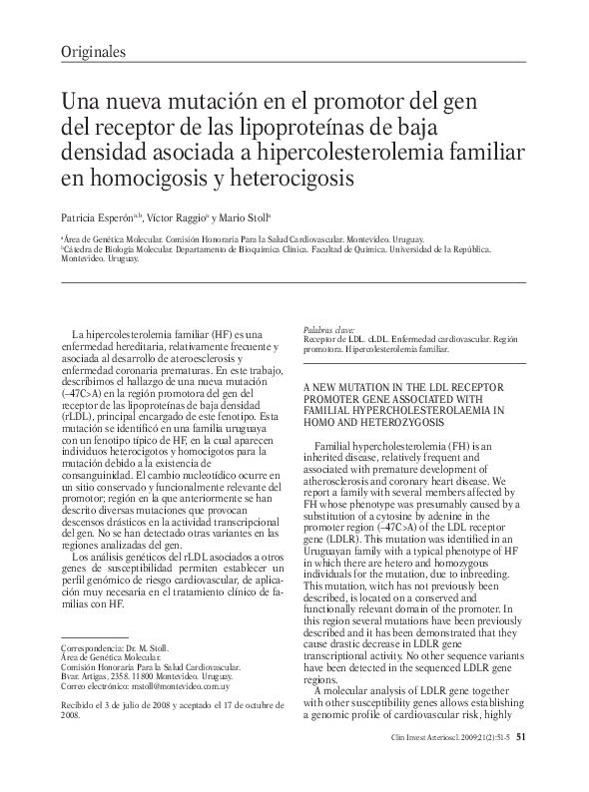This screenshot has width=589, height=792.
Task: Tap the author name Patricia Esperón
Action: click(100, 215)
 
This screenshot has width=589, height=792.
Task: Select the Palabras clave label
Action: click(328, 328)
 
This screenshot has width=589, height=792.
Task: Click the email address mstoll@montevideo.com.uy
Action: click(189, 687)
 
